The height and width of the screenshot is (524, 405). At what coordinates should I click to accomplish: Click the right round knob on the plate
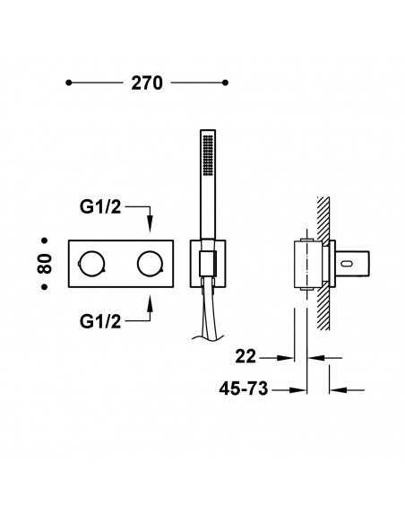pyautogui.click(x=149, y=263)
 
